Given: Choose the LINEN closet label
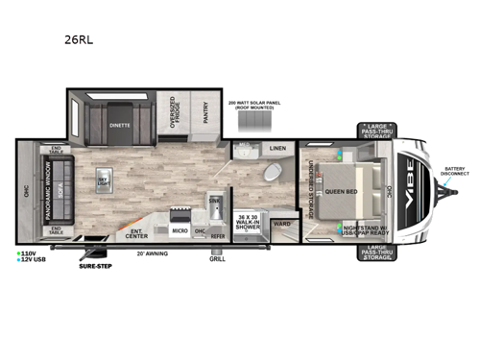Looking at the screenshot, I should (x=278, y=148).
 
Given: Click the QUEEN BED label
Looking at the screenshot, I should (x=343, y=190).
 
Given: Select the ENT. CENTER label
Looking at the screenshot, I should (x=136, y=233).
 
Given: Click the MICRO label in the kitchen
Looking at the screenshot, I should (x=179, y=231).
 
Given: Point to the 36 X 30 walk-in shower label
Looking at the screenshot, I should (x=248, y=220).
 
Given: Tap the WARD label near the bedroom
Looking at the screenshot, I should (x=281, y=223).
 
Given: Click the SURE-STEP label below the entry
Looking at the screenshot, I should (x=96, y=265).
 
